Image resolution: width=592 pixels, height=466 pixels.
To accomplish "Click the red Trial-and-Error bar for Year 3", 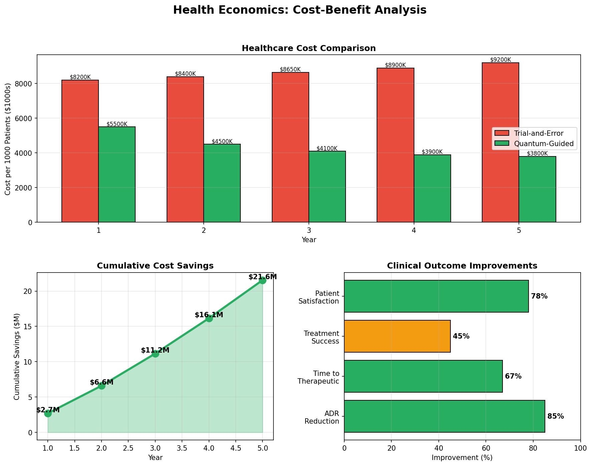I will pos(290,147).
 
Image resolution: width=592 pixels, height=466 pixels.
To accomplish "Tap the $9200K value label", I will pos(501,60).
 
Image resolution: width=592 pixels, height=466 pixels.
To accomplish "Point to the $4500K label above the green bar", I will pos(222,141).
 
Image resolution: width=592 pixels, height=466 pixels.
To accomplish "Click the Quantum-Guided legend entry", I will pos(544,144).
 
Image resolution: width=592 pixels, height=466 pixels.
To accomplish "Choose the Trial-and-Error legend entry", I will pos(539,133).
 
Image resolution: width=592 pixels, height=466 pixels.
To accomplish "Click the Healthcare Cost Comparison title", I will pos(309,48).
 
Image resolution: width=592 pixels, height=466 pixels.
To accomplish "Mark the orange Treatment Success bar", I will pos(397,336).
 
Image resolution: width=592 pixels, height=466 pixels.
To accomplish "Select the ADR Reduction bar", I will pos(444,416).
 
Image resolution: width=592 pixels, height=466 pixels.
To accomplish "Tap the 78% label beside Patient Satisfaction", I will pos(539,296).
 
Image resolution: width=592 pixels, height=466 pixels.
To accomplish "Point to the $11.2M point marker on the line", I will pos(155,354).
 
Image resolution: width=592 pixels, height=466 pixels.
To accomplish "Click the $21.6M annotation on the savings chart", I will pos(263,277).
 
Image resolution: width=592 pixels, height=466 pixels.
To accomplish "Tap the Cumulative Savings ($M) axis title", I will pos(16,356).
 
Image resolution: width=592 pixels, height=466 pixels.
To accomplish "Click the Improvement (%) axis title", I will pos(462,458).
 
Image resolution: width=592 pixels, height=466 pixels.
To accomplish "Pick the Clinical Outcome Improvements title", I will pos(462,266).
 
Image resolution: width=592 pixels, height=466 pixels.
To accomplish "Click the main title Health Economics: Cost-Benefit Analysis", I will pos(300,10).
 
